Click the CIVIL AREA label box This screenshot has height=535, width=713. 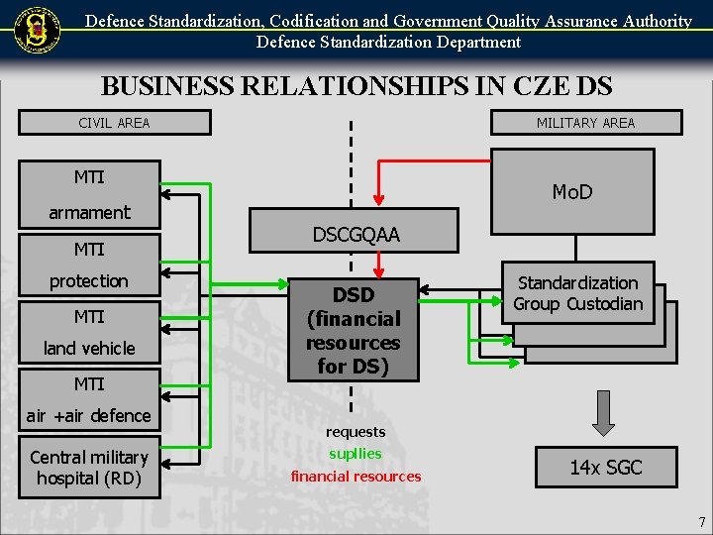click(115, 123)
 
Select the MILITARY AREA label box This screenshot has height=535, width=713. click(586, 123)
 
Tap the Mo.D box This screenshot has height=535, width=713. click(572, 192)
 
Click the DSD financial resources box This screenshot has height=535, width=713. click(354, 330)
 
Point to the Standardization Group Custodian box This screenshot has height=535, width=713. click(578, 294)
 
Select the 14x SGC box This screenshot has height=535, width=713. click(606, 468)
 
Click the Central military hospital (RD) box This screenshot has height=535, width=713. click(89, 469)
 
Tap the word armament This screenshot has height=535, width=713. click(89, 213)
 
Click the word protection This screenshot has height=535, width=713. click(89, 281)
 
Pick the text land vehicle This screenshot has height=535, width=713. click(89, 349)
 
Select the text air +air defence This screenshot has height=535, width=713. click(89, 416)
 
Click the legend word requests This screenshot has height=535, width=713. click(356, 432)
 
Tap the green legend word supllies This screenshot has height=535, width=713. click(356, 454)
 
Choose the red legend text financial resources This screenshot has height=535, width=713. click(356, 477)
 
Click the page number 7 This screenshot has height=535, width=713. click(702, 522)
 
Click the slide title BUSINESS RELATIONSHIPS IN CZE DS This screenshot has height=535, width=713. click(356, 86)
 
